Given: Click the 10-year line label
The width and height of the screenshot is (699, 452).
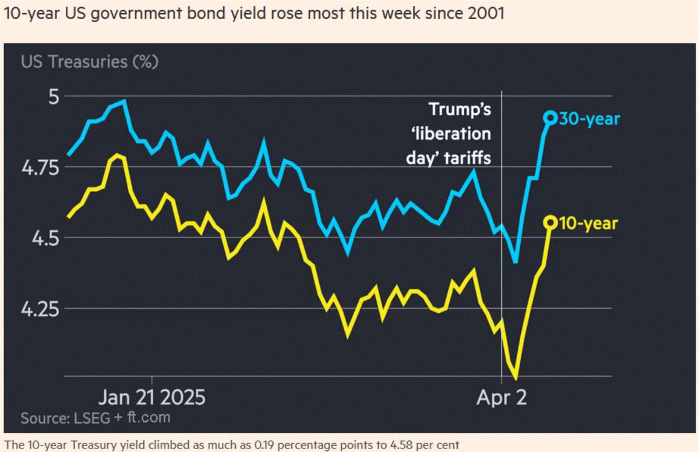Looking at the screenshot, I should click(x=588, y=223).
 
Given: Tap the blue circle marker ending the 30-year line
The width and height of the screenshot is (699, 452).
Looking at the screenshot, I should click(x=550, y=118).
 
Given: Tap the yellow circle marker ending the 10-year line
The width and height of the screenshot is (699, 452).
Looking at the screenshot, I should click(x=550, y=222).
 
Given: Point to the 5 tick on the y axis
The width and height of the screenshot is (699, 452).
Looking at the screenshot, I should click(x=54, y=96).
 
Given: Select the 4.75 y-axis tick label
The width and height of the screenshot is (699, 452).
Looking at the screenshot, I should click(x=43, y=167).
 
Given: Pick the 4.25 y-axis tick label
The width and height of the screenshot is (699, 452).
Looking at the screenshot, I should click(x=43, y=309).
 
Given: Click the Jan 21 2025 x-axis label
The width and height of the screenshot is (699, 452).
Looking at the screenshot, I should click(x=151, y=398).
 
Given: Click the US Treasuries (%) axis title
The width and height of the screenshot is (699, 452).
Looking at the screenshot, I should click(x=89, y=61).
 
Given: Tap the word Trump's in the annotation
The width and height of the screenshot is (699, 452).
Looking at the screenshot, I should click(x=460, y=110).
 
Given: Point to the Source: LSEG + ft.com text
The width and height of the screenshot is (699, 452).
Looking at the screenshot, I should click(x=96, y=418).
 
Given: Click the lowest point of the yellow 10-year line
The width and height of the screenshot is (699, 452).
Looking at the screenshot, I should click(x=516, y=379).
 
